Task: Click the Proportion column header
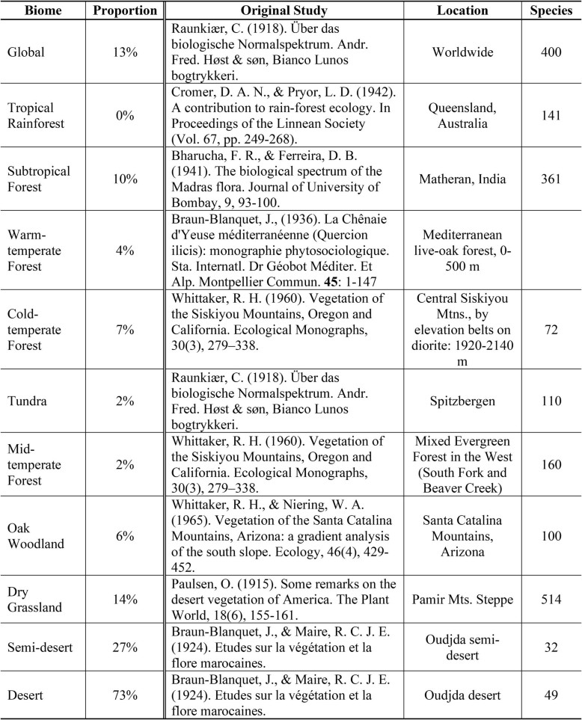[x=125, y=11]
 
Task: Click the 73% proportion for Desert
[x=125, y=695]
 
